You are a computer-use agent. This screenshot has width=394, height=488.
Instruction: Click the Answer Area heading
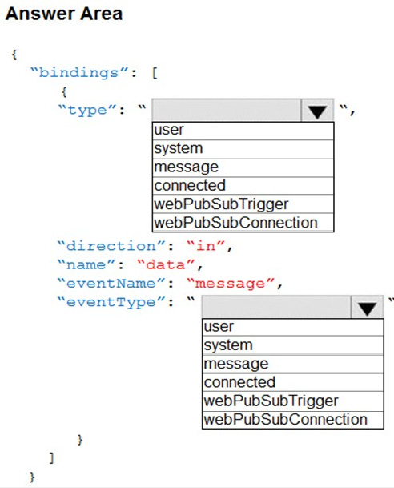pos(64,14)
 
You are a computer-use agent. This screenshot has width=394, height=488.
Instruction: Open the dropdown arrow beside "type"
pos(317,110)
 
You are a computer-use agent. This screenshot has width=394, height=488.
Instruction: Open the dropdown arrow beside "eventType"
pos(367,307)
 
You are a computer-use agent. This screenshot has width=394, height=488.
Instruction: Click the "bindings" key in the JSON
pos(79,73)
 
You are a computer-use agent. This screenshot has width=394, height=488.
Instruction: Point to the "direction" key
pos(111,246)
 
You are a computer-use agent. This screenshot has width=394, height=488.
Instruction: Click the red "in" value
pos(206,246)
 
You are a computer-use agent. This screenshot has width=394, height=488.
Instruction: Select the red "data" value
pos(166,265)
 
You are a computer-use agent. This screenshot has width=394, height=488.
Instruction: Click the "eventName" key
pos(111,284)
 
